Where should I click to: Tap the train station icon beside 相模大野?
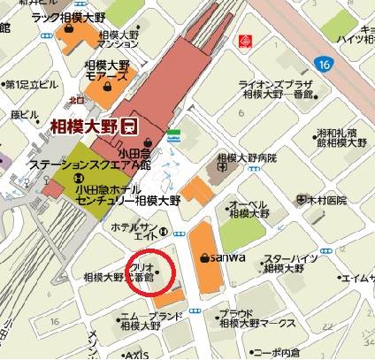click(x=130, y=126)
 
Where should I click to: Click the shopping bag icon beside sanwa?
click(x=205, y=257)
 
